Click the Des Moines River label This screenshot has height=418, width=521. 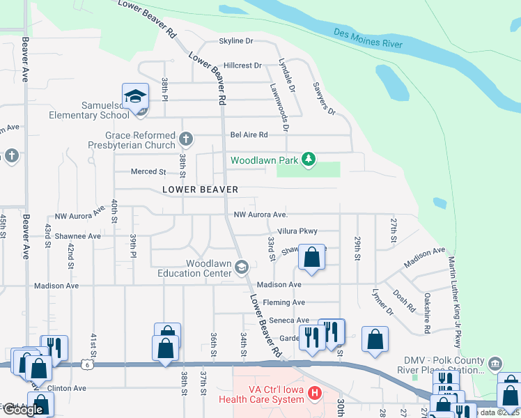pos(367,38)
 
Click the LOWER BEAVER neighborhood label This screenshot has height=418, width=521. pos(201,189)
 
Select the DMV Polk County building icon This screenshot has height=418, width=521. pos(495,363)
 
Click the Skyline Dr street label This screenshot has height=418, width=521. pos(235,41)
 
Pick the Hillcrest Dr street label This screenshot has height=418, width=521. pos(238,65)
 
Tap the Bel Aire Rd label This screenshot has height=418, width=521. pos(249,134)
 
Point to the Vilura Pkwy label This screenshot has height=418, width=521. pos(297,231)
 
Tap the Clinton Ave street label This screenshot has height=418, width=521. pos(67,387)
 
